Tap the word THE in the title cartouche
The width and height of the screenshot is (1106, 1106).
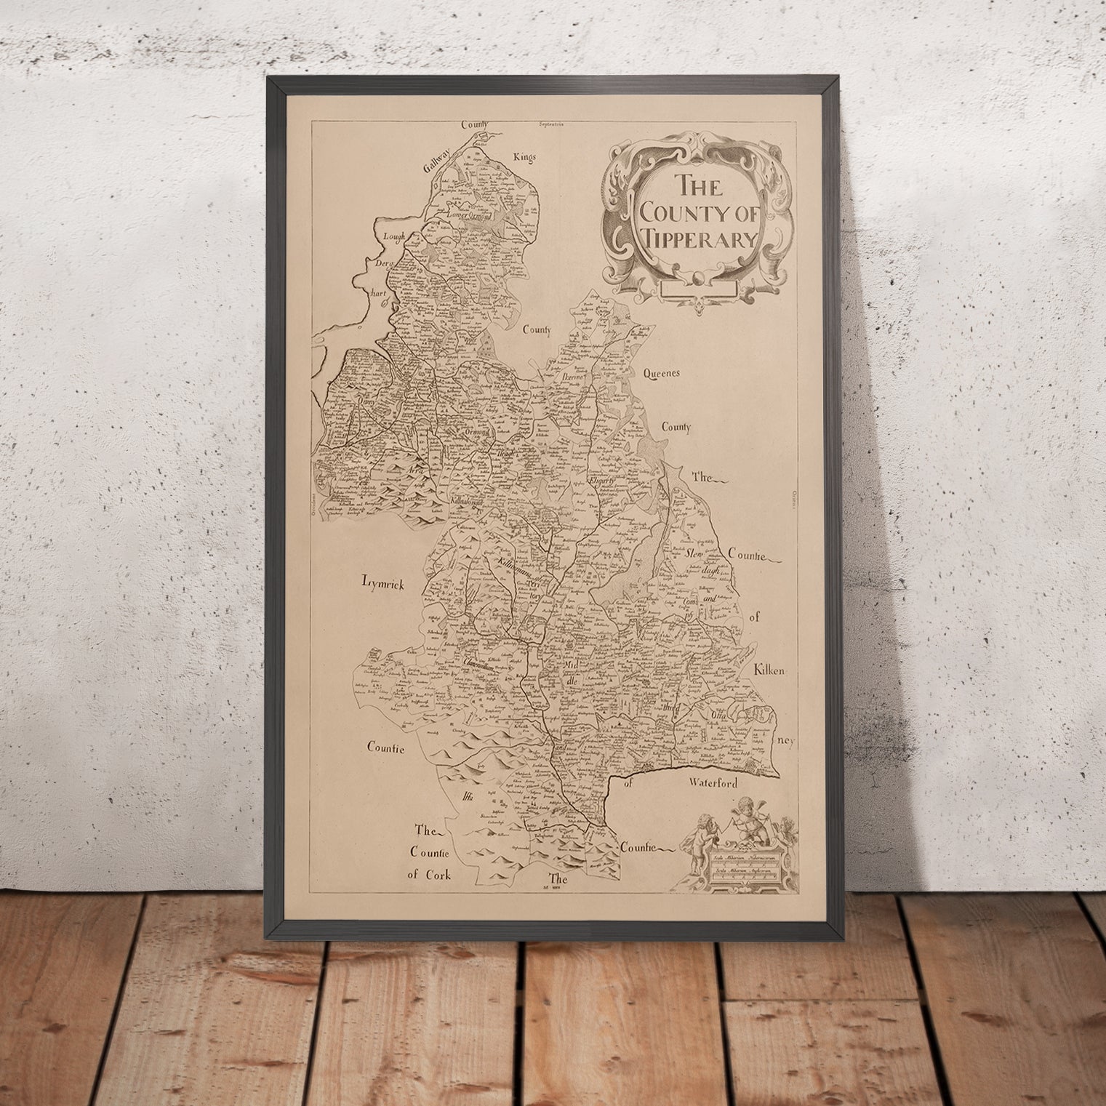tap(696, 186)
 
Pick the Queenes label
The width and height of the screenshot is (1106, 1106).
tap(661, 374)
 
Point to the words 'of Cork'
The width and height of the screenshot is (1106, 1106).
tap(429, 875)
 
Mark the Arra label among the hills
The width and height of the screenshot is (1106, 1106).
tap(415, 470)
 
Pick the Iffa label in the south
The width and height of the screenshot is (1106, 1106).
tap(465, 798)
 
